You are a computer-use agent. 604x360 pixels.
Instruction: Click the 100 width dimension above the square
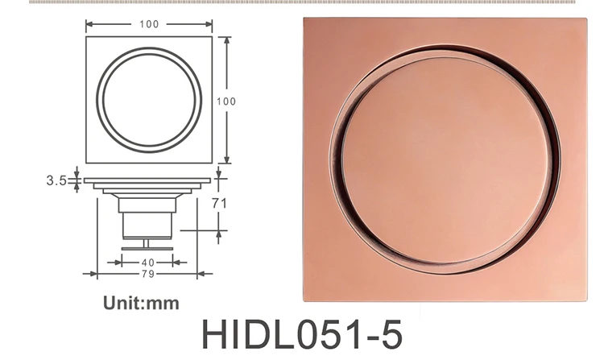pos(149,24)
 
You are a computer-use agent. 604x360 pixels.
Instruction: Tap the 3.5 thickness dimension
pos(56,180)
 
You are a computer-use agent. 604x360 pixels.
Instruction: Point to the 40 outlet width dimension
pos(148,263)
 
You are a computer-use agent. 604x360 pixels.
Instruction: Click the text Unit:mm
pos(141,304)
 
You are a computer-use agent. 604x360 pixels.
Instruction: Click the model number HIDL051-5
pos(300,333)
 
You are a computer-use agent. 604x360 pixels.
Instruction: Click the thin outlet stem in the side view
pos(147,242)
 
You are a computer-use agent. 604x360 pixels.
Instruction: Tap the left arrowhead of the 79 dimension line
pos(87,274)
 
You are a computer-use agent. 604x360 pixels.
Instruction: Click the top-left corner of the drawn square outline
pos(85,36)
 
